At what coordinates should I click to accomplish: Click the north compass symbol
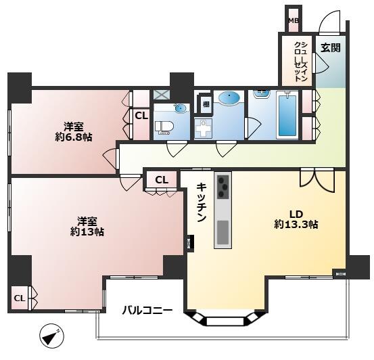(51, 336)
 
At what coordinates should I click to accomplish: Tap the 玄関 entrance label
(331, 48)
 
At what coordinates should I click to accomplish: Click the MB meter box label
(294, 21)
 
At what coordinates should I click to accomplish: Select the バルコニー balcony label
(147, 311)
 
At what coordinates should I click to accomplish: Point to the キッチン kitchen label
(202, 202)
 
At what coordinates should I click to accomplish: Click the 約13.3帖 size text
(296, 225)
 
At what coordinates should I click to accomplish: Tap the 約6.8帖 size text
(74, 137)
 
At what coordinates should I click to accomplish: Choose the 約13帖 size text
(87, 232)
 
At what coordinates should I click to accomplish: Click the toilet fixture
(164, 127)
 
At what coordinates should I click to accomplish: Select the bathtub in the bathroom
(287, 116)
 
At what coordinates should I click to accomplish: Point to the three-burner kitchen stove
(223, 187)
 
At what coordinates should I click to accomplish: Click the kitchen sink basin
(223, 232)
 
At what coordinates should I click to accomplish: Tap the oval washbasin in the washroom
(229, 97)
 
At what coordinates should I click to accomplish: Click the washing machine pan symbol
(203, 129)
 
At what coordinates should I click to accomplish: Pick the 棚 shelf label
(206, 104)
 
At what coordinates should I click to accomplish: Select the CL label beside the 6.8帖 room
(141, 116)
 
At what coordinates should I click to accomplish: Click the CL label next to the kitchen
(162, 180)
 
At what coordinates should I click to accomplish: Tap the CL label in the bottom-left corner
(20, 298)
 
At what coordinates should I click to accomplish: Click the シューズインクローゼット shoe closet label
(300, 62)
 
